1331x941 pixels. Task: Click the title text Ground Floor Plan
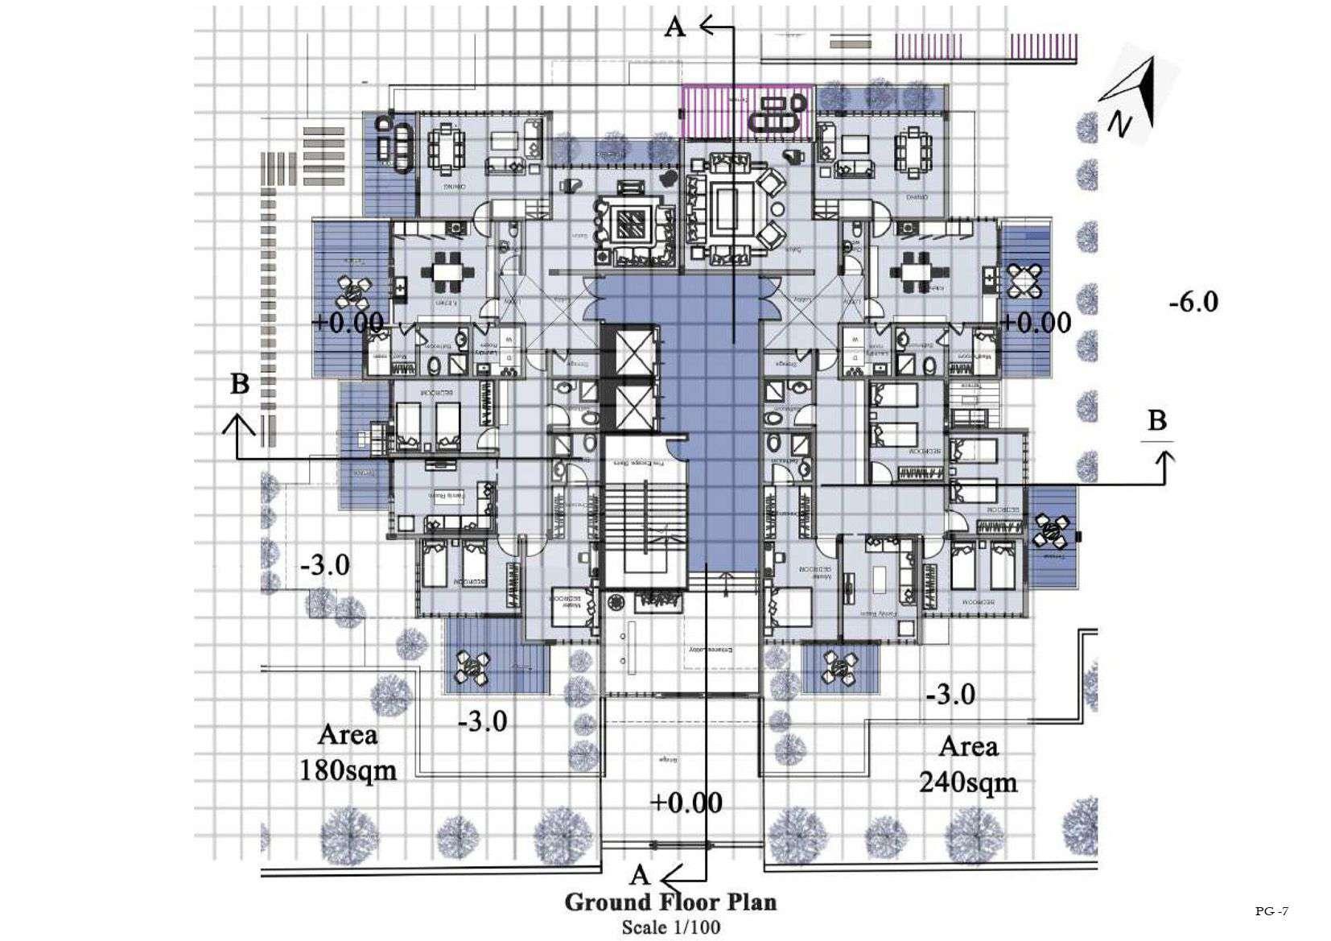click(x=670, y=902)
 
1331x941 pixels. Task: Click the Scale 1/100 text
click(x=670, y=927)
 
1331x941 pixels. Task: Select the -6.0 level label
click(x=1193, y=303)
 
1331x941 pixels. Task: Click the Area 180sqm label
click(x=348, y=753)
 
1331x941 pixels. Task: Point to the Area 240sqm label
click(x=968, y=764)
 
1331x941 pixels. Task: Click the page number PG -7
click(x=1271, y=911)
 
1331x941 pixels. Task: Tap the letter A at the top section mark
click(x=675, y=28)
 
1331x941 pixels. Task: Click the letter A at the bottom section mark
click(x=640, y=875)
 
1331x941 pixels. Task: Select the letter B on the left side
click(x=240, y=384)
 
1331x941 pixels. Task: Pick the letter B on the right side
click(x=1156, y=420)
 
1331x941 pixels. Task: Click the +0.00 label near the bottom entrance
click(x=686, y=803)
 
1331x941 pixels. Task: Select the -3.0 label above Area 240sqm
click(x=950, y=694)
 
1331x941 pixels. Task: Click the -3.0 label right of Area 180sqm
click(x=483, y=720)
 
